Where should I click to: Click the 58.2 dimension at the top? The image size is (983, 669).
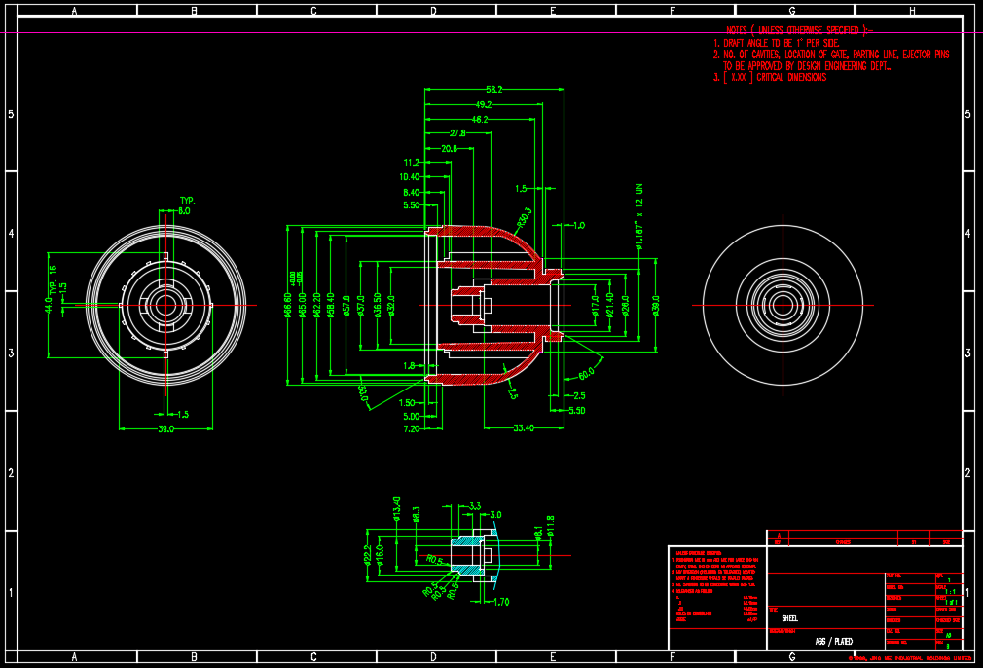(493, 89)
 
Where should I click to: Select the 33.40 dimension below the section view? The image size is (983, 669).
(523, 427)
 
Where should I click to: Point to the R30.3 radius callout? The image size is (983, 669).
(525, 215)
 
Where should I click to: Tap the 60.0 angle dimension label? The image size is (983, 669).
(586, 374)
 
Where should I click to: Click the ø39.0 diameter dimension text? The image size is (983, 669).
(655, 305)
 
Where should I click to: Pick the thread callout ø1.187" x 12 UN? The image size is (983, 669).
(639, 216)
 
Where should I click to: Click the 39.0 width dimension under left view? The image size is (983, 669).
(165, 428)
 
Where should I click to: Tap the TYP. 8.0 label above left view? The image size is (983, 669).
(186, 205)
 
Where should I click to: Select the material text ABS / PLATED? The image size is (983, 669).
(833, 642)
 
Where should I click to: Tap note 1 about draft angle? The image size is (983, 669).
(775, 43)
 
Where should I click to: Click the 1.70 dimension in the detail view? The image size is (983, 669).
(501, 602)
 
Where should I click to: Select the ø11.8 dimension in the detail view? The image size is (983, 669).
(550, 526)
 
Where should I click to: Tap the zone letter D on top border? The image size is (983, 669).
(433, 11)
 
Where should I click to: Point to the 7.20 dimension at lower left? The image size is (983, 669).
(410, 428)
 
